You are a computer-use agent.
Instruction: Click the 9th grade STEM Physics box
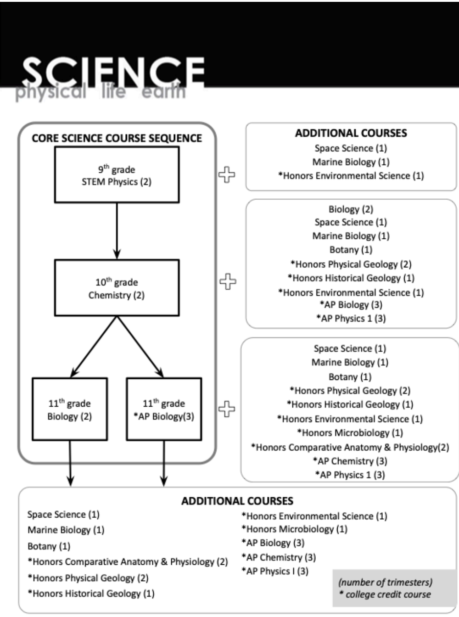tap(117, 175)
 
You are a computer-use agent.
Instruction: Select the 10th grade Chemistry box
tap(117, 288)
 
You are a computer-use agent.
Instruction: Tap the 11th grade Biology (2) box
tap(70, 409)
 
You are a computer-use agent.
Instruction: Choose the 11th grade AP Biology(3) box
tap(164, 409)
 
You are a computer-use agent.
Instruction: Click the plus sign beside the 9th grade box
tap(226, 174)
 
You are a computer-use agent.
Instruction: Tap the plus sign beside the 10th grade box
tap(228, 281)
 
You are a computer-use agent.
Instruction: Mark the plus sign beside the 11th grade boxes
tap(227, 409)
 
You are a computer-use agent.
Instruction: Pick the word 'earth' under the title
tap(163, 92)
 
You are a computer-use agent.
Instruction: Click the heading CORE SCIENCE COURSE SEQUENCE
tap(117, 138)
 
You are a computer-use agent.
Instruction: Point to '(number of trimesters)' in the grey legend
tap(385, 582)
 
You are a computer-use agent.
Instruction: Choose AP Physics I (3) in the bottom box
tap(275, 571)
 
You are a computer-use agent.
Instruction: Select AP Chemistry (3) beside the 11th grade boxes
tap(350, 461)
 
